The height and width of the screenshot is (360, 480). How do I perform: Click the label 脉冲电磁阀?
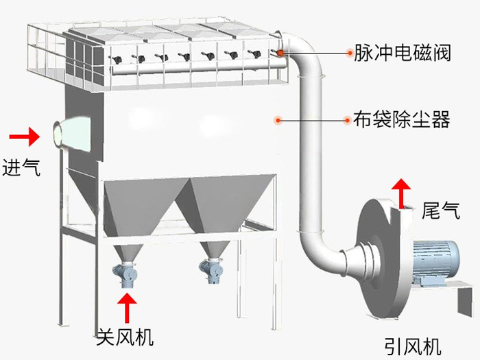402,52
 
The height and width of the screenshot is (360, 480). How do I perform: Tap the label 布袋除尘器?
402,121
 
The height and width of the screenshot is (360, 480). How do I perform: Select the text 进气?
22,167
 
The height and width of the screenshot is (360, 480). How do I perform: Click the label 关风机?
125,337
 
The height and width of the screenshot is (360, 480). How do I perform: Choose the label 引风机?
412,345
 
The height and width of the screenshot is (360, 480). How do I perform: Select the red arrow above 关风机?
125,307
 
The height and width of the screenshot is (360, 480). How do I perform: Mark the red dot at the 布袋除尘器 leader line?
278,120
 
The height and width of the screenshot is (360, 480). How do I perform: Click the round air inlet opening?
57,132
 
